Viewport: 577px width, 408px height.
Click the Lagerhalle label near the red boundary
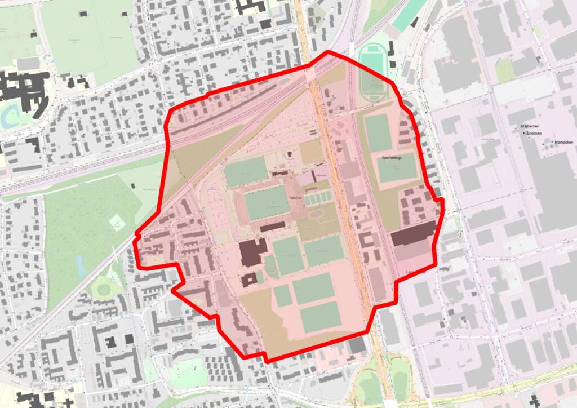(415, 272)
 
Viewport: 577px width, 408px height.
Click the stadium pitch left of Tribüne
(266, 203)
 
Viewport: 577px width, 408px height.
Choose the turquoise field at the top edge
(410, 14)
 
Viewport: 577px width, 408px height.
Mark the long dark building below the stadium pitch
(273, 227)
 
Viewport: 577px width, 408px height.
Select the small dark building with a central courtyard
(248, 280)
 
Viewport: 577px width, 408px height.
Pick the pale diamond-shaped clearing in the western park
(117, 223)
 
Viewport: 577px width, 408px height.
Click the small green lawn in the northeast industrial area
(504, 70)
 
